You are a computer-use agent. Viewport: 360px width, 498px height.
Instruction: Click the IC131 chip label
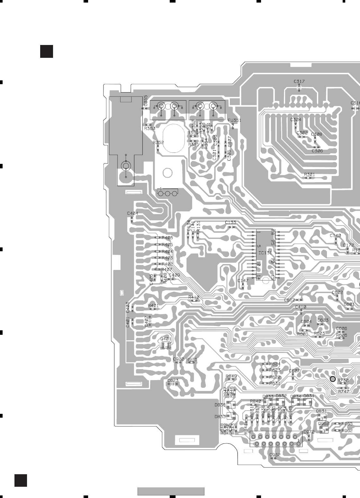pos(265,253)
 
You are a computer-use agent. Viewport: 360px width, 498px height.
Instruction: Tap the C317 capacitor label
pos(299,82)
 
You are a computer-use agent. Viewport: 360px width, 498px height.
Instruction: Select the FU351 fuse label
pos(234,120)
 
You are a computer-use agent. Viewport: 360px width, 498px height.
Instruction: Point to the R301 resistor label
pos(310,174)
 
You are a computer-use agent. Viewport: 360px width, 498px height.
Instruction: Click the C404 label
pos(132,213)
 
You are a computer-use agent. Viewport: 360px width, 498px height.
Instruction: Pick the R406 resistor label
pos(167,238)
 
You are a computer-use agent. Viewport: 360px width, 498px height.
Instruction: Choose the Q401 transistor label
pos(166,339)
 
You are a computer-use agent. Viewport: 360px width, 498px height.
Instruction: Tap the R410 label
pos(194,297)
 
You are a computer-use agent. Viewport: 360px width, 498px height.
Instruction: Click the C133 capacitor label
pos(230,222)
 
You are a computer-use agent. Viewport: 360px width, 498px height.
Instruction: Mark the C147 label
pos(243,281)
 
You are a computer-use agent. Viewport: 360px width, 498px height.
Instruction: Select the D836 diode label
pos(220,405)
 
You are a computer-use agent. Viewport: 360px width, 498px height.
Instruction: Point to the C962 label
pos(275,455)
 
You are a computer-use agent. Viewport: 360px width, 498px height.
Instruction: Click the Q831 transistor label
pos(321,411)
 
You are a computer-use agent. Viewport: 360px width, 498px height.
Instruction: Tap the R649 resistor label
pos(231,376)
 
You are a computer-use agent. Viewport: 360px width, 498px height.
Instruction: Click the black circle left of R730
pos(333,379)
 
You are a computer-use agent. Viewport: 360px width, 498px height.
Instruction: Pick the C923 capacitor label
pos(173,381)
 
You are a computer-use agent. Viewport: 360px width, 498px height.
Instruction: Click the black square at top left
pos(47,51)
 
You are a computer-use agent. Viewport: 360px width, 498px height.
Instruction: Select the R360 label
pos(149,128)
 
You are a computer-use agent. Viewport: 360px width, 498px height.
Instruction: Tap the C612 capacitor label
pos(289,300)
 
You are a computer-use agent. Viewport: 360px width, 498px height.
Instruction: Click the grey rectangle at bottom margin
pos(171,491)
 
